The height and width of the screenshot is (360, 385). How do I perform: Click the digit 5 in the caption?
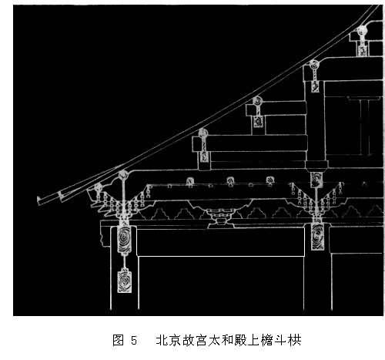[134, 341]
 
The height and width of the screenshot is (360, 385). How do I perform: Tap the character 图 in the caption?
[118, 340]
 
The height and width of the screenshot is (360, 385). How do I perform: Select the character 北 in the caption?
[162, 340]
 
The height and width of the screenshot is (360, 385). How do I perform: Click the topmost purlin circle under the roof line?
[363, 30]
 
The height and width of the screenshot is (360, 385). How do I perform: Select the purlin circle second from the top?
[314, 65]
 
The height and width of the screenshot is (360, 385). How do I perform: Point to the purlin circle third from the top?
[257, 101]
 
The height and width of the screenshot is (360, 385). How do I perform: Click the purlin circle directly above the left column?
[123, 175]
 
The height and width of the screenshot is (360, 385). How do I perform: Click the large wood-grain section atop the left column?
[125, 238]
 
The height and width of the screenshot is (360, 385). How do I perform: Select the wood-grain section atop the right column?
[317, 237]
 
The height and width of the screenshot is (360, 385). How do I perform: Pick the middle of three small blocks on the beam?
[231, 181]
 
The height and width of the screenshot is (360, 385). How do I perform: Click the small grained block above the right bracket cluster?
[316, 180]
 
